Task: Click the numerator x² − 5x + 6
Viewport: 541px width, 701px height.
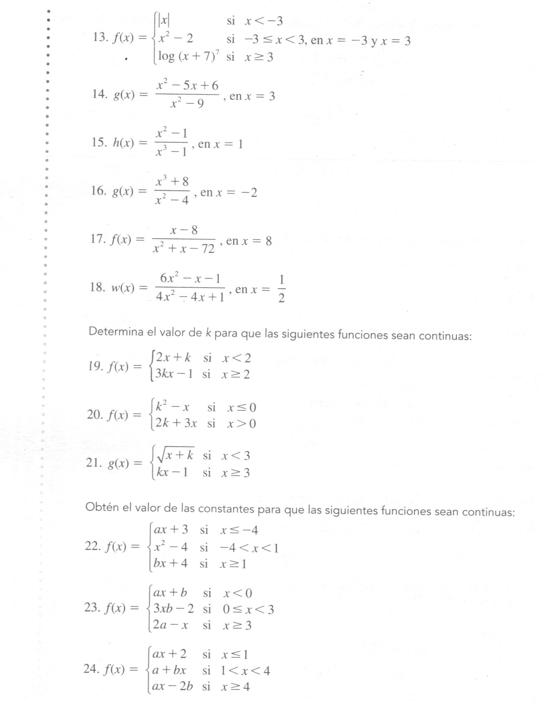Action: pyautogui.click(x=188, y=85)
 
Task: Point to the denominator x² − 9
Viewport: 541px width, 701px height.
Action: pyautogui.click(x=187, y=103)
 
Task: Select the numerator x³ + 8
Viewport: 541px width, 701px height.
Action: pyautogui.click(x=172, y=182)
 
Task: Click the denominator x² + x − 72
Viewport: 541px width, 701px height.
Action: pyautogui.click(x=184, y=248)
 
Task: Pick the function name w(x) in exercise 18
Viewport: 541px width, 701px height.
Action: pyautogui.click(x=123, y=288)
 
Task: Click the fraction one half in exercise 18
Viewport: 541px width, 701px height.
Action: pyautogui.click(x=281, y=289)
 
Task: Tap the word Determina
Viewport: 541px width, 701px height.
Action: pyautogui.click(x=116, y=332)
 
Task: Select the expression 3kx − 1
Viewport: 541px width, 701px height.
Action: pyautogui.click(x=174, y=374)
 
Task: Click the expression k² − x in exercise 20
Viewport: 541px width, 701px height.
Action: pyautogui.click(x=172, y=407)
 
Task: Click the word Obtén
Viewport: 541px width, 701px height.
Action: pyautogui.click(x=102, y=507)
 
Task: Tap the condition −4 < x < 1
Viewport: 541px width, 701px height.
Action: pyautogui.click(x=249, y=548)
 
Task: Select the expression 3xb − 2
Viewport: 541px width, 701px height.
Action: pyautogui.click(x=173, y=609)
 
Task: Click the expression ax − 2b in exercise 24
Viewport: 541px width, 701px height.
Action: pyautogui.click(x=172, y=686)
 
